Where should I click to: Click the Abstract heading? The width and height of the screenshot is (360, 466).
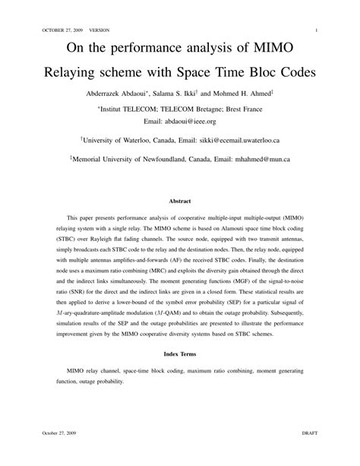click(179, 201)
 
